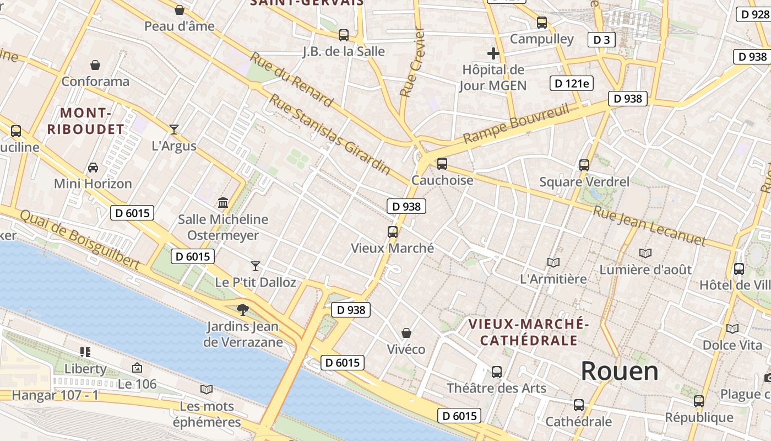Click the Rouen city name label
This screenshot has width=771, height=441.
coord(620,371)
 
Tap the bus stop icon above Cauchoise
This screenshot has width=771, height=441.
coord(442,164)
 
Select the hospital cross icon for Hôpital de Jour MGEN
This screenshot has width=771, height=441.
coord(493,53)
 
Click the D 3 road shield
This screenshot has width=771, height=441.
coord(601,40)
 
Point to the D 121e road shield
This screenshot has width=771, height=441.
coord(571,83)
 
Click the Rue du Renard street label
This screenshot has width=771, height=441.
coord(291,80)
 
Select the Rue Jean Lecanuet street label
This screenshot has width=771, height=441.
coord(649,225)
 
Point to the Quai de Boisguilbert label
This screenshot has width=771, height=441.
coord(80,239)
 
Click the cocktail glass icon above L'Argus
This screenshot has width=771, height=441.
coord(174,130)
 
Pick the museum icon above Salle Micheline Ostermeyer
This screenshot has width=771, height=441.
coord(223,203)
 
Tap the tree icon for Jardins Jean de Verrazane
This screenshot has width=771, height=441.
coord(242,310)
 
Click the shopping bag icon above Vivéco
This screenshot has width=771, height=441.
coord(406,333)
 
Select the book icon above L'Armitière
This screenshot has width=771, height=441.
coord(553,263)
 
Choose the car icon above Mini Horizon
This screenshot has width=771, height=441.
coord(93,167)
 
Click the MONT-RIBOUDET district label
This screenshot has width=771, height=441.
coord(85,121)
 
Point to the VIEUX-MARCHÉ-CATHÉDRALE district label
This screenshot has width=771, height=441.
coord(529,332)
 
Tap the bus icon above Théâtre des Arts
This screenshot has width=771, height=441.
coord(496,372)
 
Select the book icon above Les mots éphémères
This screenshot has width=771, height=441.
coord(207,390)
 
